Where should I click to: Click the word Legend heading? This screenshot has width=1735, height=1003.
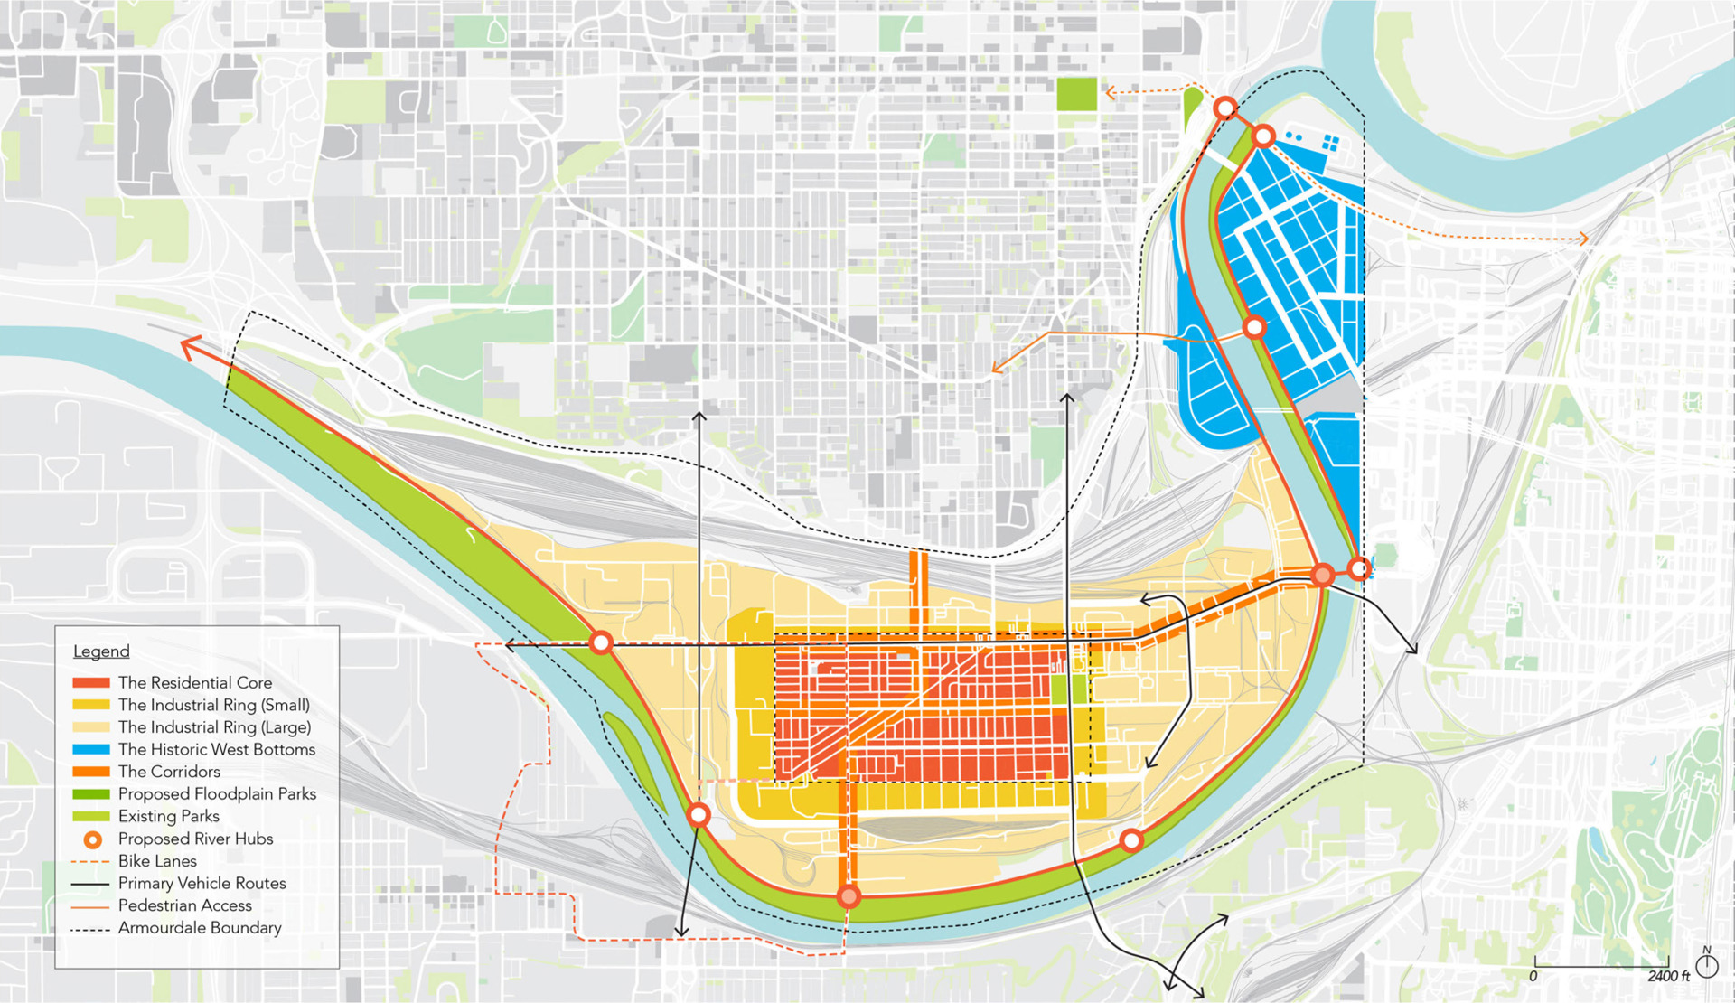point(101,651)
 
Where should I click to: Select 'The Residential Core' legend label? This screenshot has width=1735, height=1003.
point(194,683)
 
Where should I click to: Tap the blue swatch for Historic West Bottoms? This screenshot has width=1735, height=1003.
point(90,750)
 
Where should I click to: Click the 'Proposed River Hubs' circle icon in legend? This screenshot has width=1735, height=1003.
point(92,839)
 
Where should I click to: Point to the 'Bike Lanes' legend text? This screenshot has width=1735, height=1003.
point(157,861)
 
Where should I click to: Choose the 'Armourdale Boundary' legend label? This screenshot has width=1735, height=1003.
point(200,928)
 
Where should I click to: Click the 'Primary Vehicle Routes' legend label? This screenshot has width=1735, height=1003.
point(202,884)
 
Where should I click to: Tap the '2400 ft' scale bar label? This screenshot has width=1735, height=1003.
point(1668,977)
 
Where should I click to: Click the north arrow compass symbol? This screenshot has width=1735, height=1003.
point(1707,965)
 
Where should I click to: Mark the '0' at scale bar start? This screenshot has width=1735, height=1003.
point(1533,977)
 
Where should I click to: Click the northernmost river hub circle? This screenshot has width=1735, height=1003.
point(1225,108)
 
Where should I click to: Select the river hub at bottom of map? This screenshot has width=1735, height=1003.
point(849,896)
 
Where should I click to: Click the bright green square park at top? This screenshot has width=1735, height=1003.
point(1076,94)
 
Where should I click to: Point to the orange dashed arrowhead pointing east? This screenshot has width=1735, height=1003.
point(1583,239)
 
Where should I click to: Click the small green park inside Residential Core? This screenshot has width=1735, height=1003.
point(1069,689)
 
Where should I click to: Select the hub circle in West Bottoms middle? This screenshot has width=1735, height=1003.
point(1254,327)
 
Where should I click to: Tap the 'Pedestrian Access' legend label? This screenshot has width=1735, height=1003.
point(184,905)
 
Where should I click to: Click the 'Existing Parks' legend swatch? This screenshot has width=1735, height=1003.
point(90,817)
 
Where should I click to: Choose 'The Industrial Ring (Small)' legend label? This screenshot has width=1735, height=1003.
point(213,705)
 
